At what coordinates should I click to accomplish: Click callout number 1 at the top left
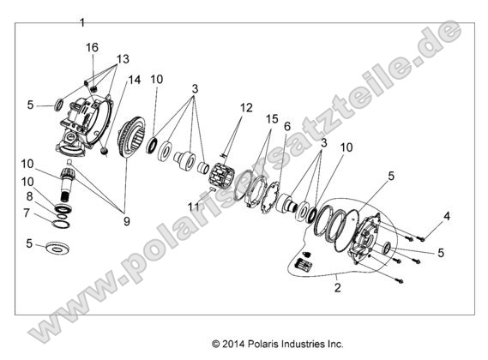click(82, 21)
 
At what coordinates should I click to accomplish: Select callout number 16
click(92, 48)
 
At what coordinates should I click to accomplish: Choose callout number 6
click(287, 126)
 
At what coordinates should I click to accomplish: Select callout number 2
click(338, 288)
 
